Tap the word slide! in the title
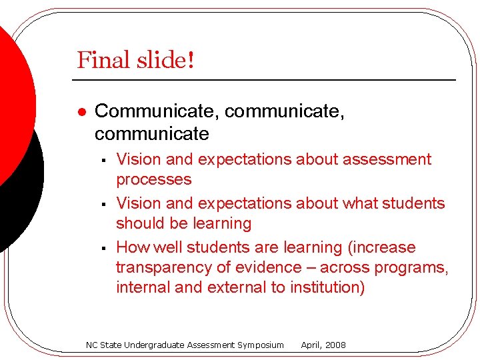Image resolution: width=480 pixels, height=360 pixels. coord(164,60)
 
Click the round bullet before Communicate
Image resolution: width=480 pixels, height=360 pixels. coord(80,112)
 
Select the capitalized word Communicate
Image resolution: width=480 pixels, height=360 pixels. coord(157,111)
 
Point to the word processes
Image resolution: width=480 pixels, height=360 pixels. coord(153,180)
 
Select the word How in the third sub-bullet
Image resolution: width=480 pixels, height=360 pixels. coord(133,247)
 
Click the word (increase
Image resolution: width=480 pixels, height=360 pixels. coord(382,247)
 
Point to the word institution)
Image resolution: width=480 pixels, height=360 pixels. coord(327,288)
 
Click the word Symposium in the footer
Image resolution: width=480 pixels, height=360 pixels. coord(260,345)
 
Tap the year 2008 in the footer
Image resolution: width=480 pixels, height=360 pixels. coord(335,345)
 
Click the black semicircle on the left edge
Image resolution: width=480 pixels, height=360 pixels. coord(23,187)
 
